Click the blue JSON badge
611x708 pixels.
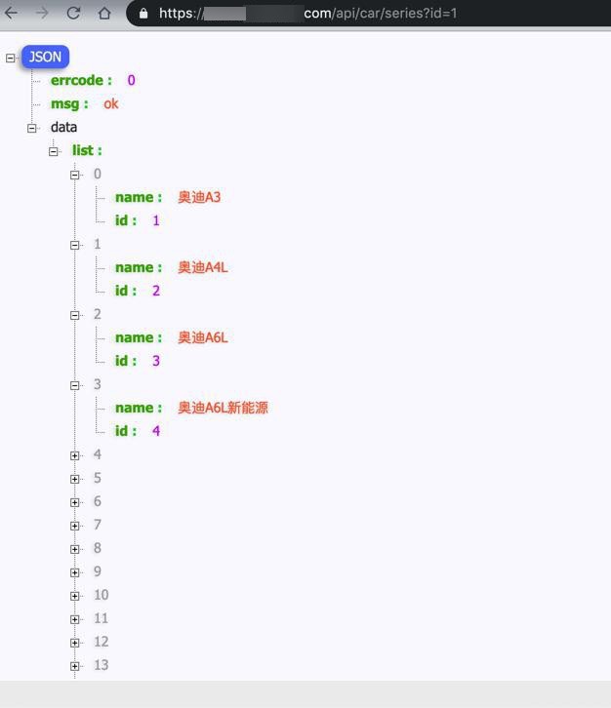click(x=45, y=57)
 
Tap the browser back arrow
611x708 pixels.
click(x=12, y=13)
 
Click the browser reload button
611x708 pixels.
click(x=73, y=13)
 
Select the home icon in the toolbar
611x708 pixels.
click(x=104, y=13)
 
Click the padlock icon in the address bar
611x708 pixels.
click(x=143, y=14)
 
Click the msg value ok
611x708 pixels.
click(x=111, y=103)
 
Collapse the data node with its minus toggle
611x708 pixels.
click(x=31, y=128)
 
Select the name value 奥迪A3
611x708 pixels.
click(x=199, y=197)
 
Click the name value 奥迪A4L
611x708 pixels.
click(x=203, y=267)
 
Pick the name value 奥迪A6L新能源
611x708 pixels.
click(x=223, y=408)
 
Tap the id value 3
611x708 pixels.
click(x=156, y=361)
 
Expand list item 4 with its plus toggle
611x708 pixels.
click(x=75, y=455)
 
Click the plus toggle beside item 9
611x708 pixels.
click(x=75, y=572)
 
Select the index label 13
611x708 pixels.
click(x=102, y=665)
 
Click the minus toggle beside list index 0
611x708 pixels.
click(x=75, y=175)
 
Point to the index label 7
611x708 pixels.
click(x=98, y=525)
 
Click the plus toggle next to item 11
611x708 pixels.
click(x=75, y=619)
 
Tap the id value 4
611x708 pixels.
click(x=156, y=431)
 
